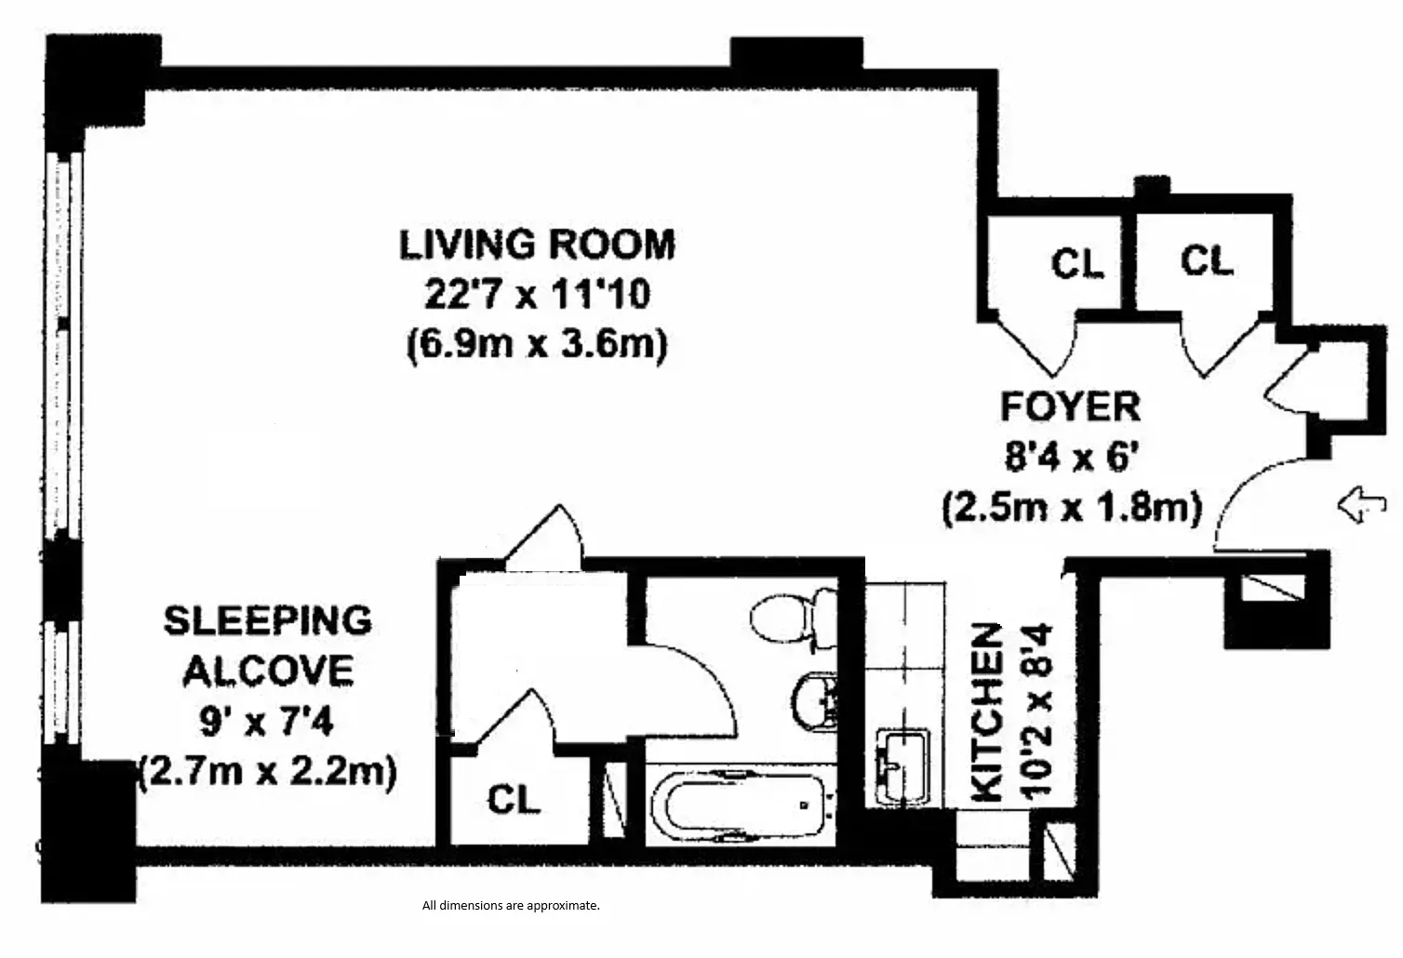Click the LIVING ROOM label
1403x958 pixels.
(x=537, y=245)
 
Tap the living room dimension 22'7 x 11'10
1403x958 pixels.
(x=537, y=295)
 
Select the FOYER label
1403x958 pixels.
(x=1069, y=406)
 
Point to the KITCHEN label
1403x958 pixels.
(x=987, y=712)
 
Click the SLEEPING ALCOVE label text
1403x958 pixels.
(x=268, y=645)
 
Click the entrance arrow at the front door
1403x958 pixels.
(x=1361, y=506)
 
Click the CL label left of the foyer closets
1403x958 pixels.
(x=1076, y=263)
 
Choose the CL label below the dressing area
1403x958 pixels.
(x=514, y=799)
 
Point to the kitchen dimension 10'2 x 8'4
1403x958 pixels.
(x=1039, y=712)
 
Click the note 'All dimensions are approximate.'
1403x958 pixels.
(x=511, y=905)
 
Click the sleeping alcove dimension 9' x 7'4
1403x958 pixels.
(x=268, y=720)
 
